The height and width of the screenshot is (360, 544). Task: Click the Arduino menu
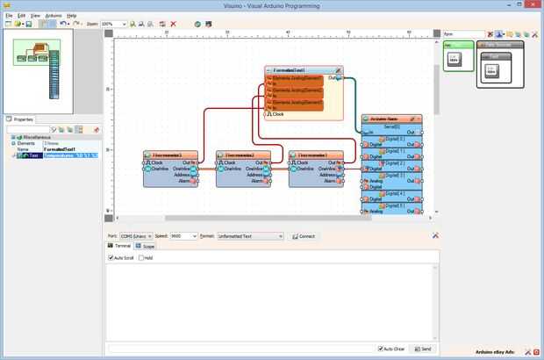tap(54, 16)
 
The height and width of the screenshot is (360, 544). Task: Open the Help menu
tap(72, 16)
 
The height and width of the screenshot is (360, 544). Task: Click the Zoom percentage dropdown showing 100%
tap(113, 25)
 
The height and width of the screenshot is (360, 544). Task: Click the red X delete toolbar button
tap(173, 25)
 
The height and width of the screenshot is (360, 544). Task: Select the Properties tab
tap(22, 119)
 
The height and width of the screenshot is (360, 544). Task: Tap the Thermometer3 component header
tap(314, 155)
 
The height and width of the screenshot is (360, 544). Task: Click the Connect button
tap(304, 236)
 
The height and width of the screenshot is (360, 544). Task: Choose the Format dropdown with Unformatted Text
tap(250, 236)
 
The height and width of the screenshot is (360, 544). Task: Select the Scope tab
tap(147, 247)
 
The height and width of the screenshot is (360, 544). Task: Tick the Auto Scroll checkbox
tap(111, 258)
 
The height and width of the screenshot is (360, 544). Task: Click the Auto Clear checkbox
tap(380, 349)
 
